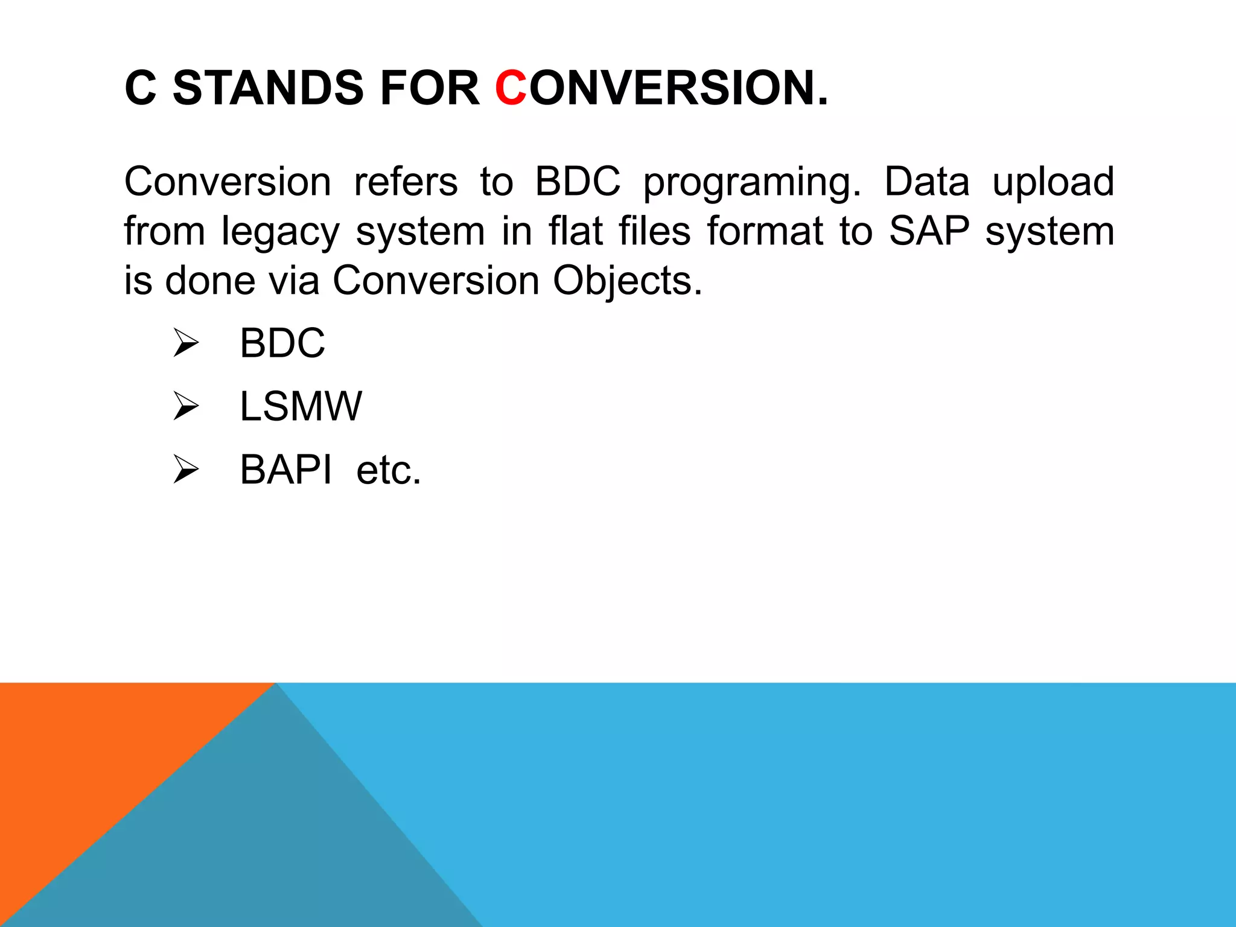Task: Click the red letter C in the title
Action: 511,88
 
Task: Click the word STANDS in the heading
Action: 268,88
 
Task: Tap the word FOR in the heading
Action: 429,88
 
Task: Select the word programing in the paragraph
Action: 751,183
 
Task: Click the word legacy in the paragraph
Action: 280,232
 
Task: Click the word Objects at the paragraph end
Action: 628,281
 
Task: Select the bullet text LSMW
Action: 301,406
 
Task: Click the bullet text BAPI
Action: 285,470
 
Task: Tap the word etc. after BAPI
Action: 388,471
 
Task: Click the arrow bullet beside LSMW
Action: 186,406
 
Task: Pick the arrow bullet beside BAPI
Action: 186,470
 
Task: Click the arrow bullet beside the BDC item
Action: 186,343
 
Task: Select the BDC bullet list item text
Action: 282,343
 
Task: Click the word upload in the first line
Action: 1053,182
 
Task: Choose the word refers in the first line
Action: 406,182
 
